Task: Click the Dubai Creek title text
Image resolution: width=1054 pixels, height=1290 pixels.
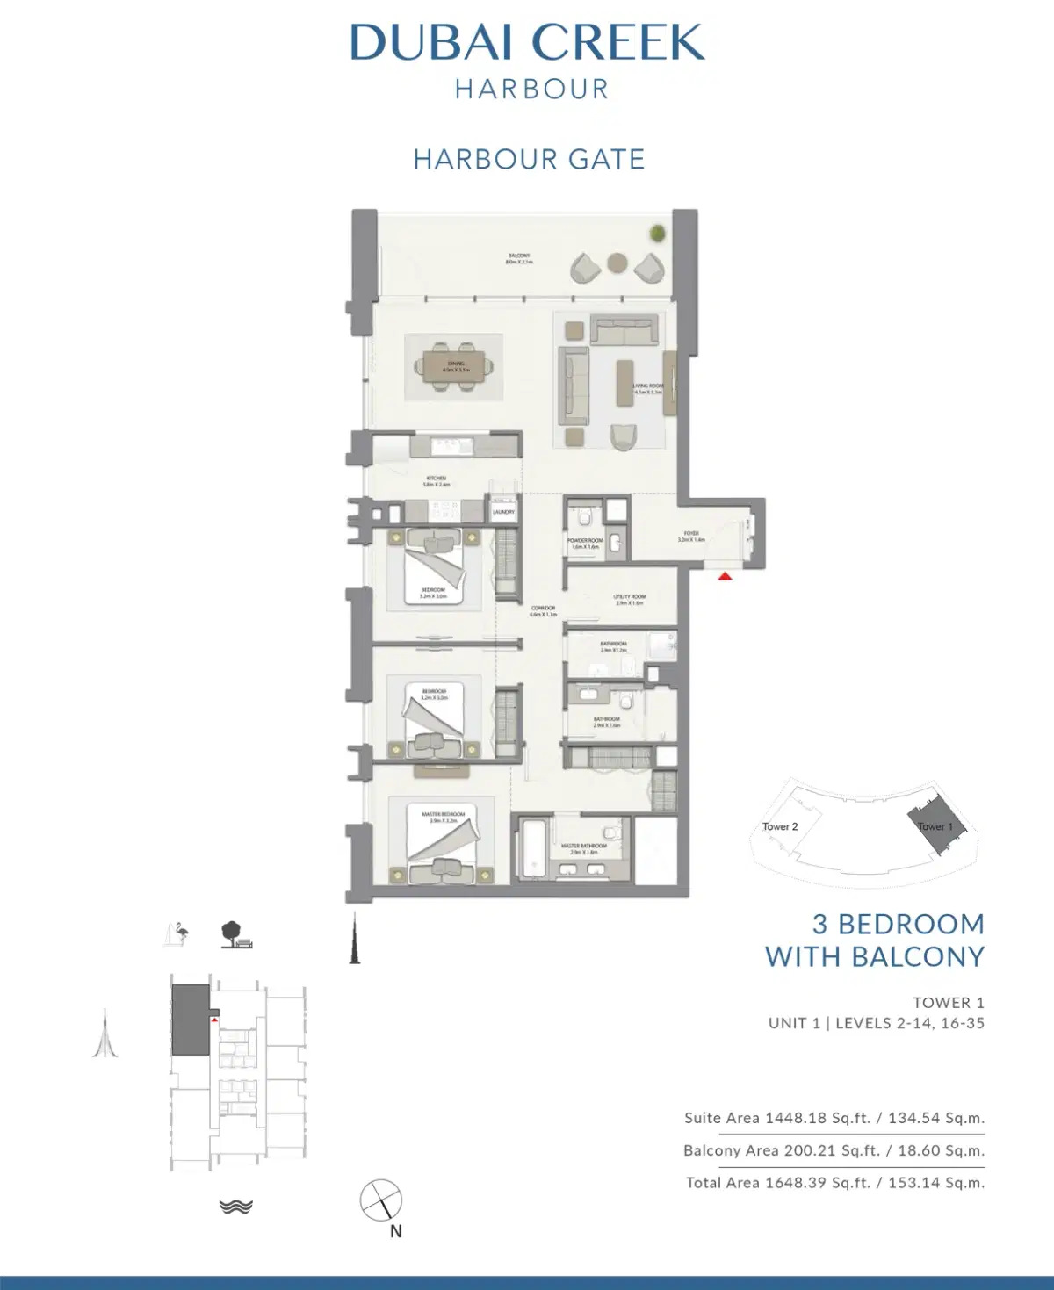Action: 527,42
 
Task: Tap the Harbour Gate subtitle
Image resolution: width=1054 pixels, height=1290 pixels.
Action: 529,159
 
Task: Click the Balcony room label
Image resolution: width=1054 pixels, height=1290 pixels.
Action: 519,258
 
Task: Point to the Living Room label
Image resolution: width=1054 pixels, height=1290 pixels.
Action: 648,389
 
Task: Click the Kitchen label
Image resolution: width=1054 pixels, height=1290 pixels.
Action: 436,481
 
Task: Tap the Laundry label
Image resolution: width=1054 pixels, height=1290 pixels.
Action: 503,512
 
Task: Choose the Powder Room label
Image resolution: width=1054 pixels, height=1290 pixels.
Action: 584,544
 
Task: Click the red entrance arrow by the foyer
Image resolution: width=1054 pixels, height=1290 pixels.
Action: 726,576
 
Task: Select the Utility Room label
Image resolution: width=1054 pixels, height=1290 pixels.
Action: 630,600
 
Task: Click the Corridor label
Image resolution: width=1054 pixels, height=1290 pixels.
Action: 543,610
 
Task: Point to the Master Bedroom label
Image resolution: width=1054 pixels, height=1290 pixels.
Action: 444,817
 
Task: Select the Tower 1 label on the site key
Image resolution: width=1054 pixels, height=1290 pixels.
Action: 935,826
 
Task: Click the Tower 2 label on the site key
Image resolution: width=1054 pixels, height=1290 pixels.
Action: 780,826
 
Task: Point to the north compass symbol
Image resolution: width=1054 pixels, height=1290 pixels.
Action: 381,1200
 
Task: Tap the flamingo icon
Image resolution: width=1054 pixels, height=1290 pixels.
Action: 179,933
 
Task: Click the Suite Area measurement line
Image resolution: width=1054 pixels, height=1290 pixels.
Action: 834,1118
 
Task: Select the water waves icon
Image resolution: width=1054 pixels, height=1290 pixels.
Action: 236,1207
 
